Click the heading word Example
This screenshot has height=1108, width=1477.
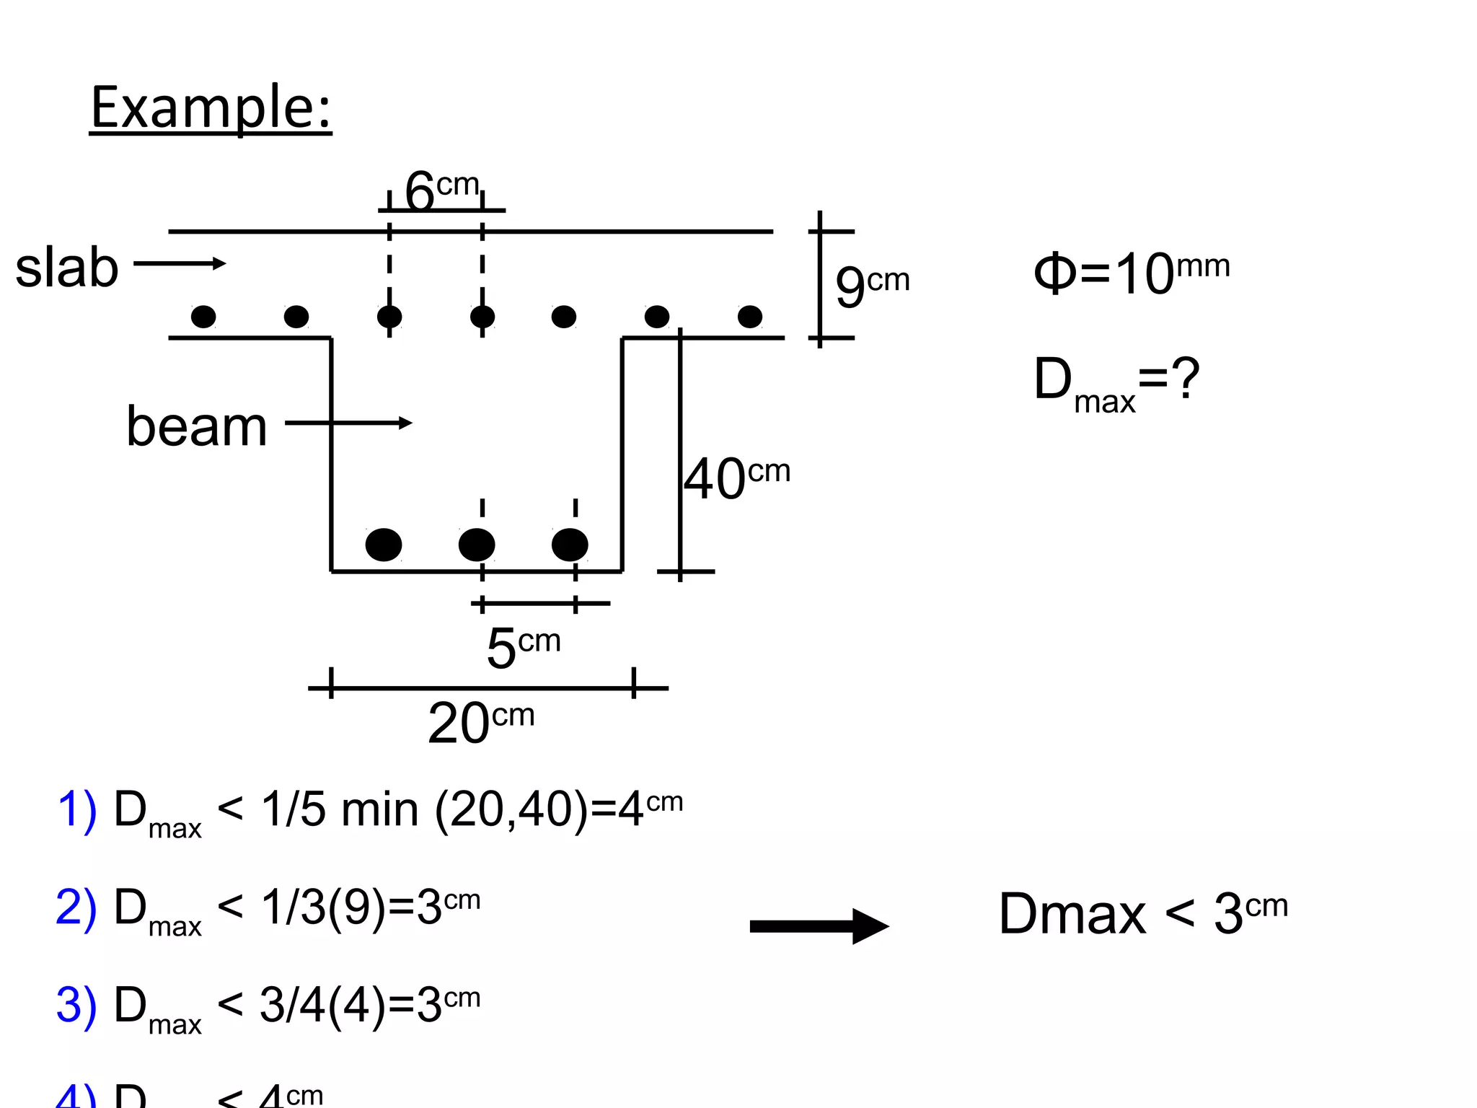click(x=210, y=108)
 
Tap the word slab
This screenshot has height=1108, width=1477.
click(x=66, y=268)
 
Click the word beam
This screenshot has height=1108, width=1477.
click(x=196, y=426)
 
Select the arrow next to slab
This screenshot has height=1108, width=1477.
click(x=180, y=263)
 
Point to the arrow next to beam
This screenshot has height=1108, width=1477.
click(x=348, y=423)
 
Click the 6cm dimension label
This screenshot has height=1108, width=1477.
click(x=441, y=190)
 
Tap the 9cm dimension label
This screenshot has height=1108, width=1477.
click(x=871, y=284)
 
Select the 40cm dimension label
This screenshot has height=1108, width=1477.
click(x=736, y=478)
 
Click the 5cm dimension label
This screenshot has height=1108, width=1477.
click(x=523, y=646)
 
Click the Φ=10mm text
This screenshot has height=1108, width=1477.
click(x=1130, y=273)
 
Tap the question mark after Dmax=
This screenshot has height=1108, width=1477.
click(x=1185, y=378)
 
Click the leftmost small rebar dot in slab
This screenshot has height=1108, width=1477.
click(x=203, y=316)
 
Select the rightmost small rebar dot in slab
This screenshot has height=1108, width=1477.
click(x=750, y=316)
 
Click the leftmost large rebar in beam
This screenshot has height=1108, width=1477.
click(x=384, y=545)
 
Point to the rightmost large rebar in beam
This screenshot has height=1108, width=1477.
click(x=570, y=545)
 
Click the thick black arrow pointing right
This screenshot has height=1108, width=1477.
click(x=819, y=926)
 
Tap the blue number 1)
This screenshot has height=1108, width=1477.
click(x=76, y=809)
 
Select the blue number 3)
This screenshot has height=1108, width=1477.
click(x=76, y=1005)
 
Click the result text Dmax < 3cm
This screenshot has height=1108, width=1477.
click(x=1142, y=913)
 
